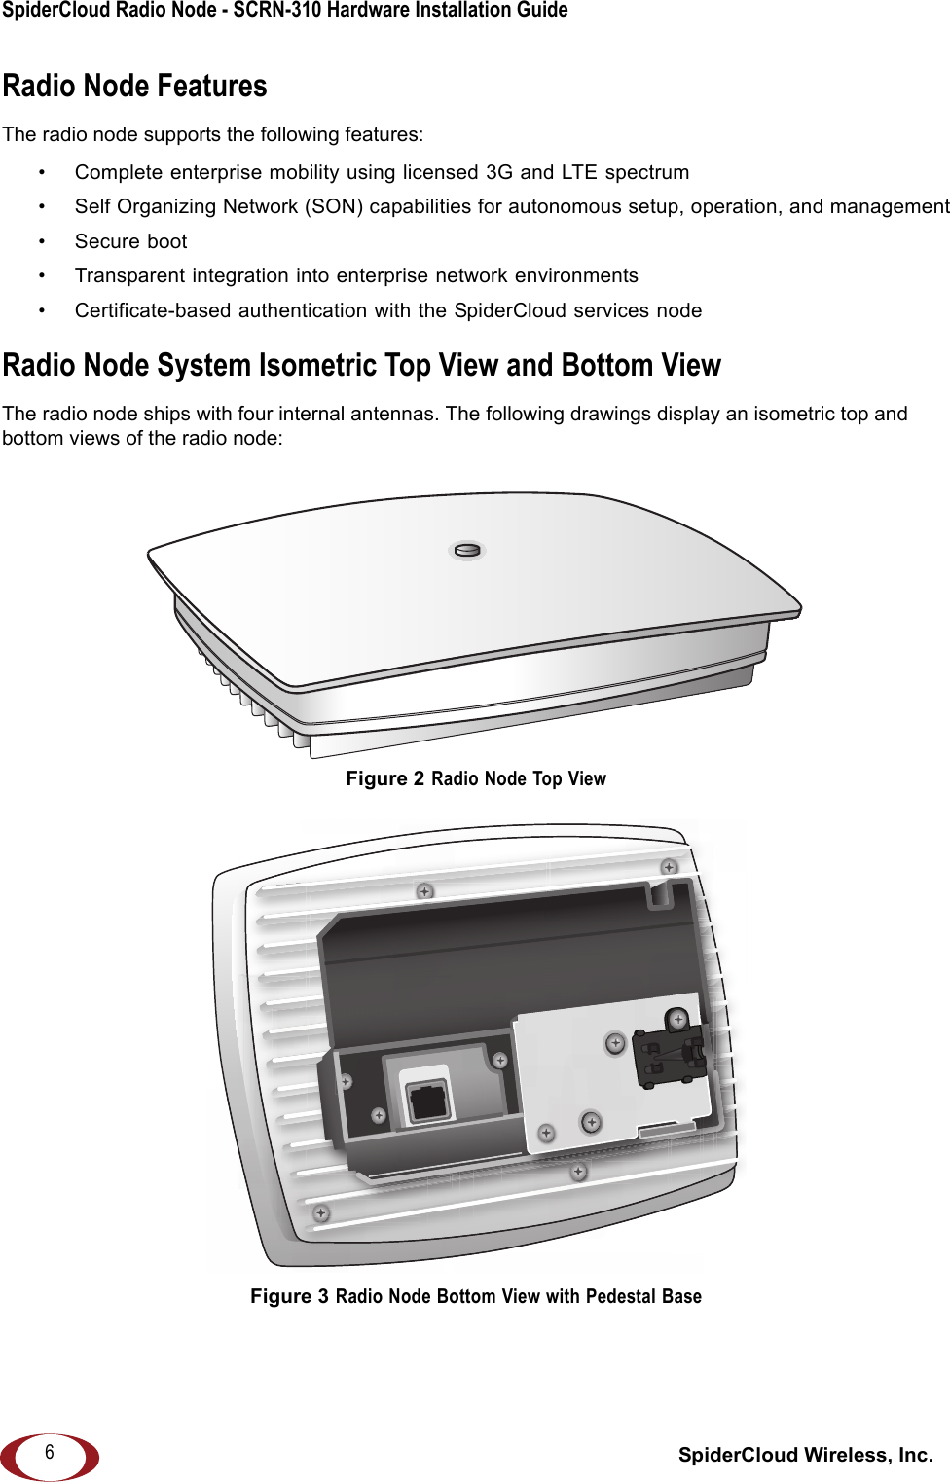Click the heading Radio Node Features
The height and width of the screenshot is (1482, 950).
pyautogui.click(x=134, y=87)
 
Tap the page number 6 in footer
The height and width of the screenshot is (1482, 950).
pyautogui.click(x=50, y=1452)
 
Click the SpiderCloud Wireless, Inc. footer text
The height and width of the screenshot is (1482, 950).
pyautogui.click(x=805, y=1455)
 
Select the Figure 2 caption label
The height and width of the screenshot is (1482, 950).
pyautogui.click(x=384, y=778)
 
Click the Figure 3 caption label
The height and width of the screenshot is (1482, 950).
pyautogui.click(x=289, y=1296)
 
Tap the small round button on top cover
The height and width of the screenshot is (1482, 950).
pyautogui.click(x=467, y=551)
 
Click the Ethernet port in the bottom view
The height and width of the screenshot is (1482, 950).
pyautogui.click(x=427, y=1101)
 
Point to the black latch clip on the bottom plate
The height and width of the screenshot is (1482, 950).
pyautogui.click(x=669, y=1057)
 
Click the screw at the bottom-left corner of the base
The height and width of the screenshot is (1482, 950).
pyautogui.click(x=321, y=1213)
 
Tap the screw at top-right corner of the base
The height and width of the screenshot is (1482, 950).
pyautogui.click(x=669, y=867)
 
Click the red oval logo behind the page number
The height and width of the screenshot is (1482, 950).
pyautogui.click(x=83, y=1457)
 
